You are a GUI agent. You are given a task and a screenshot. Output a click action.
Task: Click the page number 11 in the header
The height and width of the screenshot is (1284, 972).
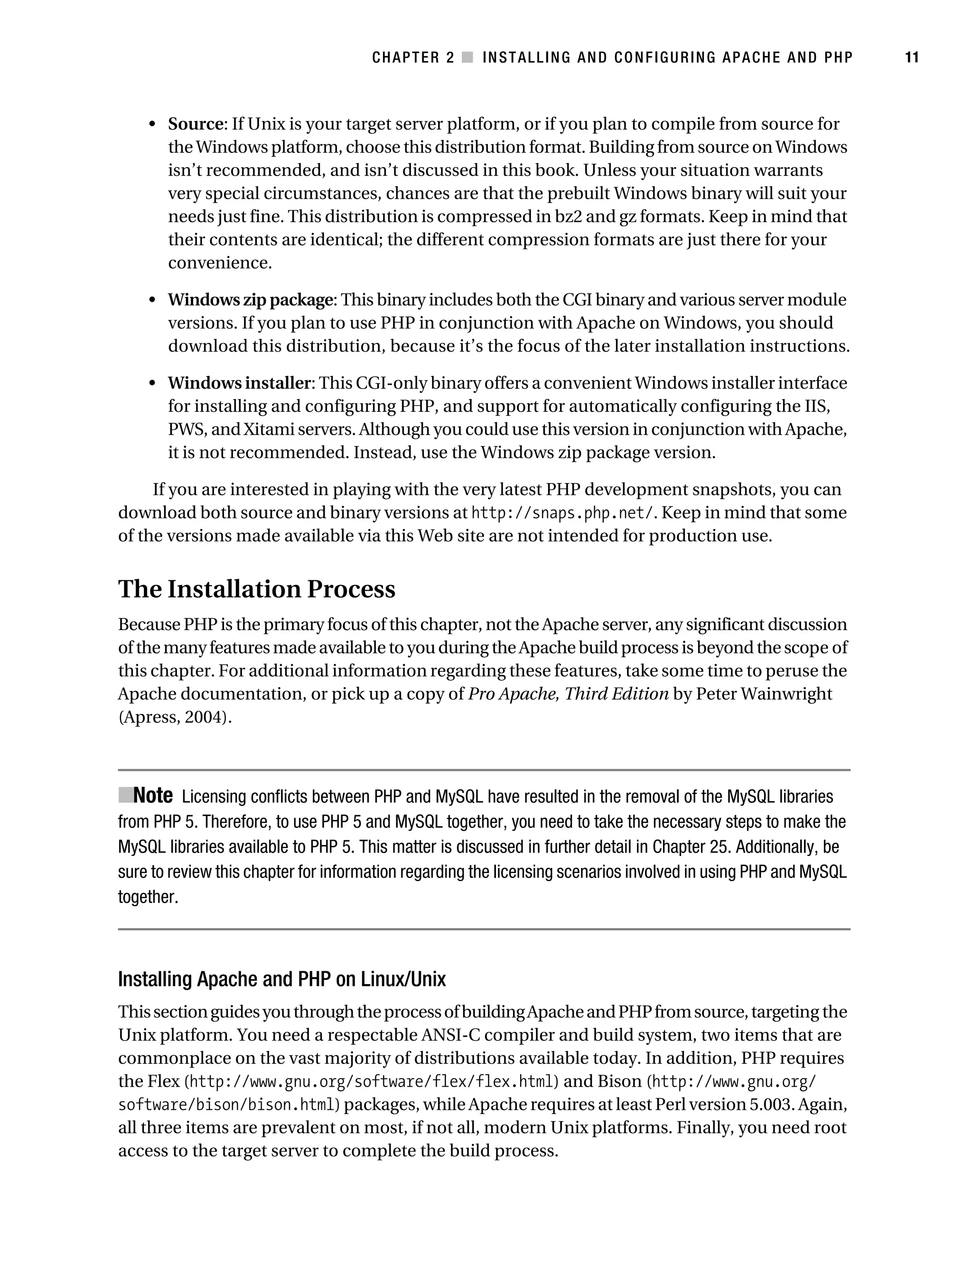pos(912,57)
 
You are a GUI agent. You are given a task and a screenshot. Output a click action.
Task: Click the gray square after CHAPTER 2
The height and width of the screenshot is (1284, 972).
pos(467,57)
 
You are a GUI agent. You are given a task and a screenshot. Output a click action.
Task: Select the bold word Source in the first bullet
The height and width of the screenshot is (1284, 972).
pos(196,124)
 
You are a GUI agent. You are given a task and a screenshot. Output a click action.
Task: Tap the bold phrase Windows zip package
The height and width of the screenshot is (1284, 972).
pos(251,300)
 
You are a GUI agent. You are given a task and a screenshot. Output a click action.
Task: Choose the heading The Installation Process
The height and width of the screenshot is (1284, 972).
pos(257,589)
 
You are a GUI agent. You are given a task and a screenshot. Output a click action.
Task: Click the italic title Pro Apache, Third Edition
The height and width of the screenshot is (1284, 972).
pos(568,694)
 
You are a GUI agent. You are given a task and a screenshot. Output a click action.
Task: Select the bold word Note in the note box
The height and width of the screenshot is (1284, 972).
pos(153,795)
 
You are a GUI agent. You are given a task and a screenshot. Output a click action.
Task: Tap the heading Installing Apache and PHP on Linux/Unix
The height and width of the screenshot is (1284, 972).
pos(281,979)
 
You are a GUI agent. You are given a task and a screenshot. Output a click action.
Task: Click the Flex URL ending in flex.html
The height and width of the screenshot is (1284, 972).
pos(372,1082)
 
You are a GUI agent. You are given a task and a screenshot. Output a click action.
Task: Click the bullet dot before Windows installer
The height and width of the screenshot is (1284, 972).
pos(153,384)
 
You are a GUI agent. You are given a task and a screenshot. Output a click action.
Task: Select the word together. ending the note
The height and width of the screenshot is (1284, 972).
pos(148,897)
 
